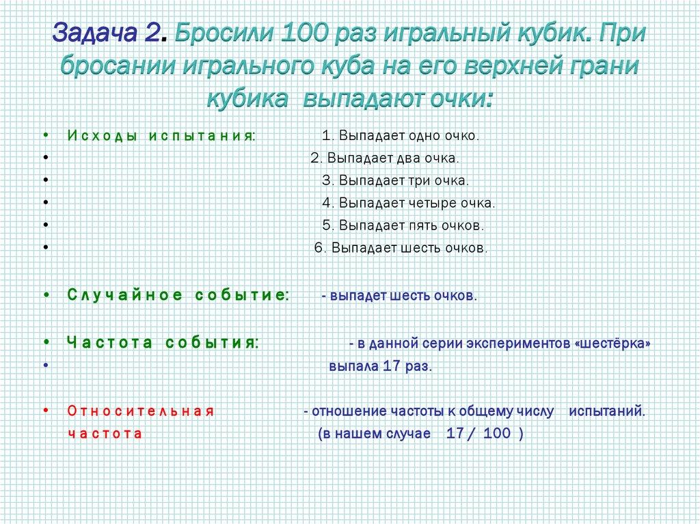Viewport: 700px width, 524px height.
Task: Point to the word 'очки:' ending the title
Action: click(x=460, y=100)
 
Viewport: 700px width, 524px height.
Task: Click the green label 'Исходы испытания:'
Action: click(x=161, y=135)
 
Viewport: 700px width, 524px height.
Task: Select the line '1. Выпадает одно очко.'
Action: click(x=401, y=135)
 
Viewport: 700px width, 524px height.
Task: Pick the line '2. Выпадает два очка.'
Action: click(x=385, y=158)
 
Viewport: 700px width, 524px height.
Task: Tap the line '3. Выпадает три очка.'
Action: click(x=396, y=180)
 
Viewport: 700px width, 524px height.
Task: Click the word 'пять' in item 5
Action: click(x=427, y=225)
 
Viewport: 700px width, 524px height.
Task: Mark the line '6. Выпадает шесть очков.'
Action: click(x=401, y=248)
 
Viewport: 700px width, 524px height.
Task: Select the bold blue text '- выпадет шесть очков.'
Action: click(x=399, y=296)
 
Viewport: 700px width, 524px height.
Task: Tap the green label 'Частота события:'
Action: click(x=163, y=342)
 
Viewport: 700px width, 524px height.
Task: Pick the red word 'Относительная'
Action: click(x=141, y=411)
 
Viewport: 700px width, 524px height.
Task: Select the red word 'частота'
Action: click(x=105, y=434)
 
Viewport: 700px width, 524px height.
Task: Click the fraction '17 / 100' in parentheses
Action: click(x=477, y=435)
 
